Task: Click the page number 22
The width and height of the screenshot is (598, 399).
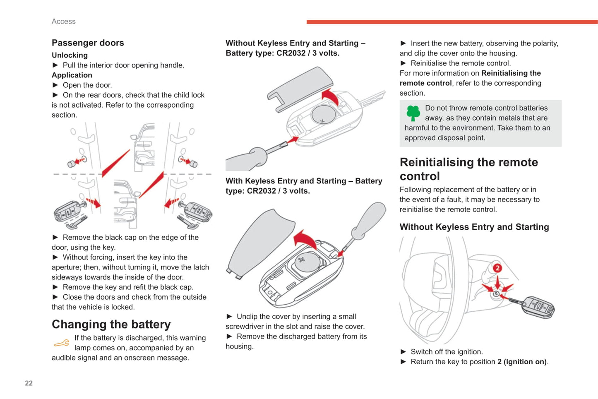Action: click(29, 383)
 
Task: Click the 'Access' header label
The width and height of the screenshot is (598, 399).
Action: click(64, 22)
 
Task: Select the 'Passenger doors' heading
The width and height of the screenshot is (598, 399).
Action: click(88, 43)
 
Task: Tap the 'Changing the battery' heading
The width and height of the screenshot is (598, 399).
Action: click(111, 324)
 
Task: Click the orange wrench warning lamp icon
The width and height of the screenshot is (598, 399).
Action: click(62, 343)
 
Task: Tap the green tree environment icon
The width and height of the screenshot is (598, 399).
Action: click(413, 113)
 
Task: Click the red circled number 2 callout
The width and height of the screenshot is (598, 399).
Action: click(497, 268)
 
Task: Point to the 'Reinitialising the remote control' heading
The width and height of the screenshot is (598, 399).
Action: click(468, 169)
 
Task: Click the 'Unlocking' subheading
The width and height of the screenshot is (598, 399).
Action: click(70, 55)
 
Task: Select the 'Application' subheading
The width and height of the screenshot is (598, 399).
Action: click(72, 75)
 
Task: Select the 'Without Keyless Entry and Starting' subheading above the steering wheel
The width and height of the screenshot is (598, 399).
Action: click(474, 227)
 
